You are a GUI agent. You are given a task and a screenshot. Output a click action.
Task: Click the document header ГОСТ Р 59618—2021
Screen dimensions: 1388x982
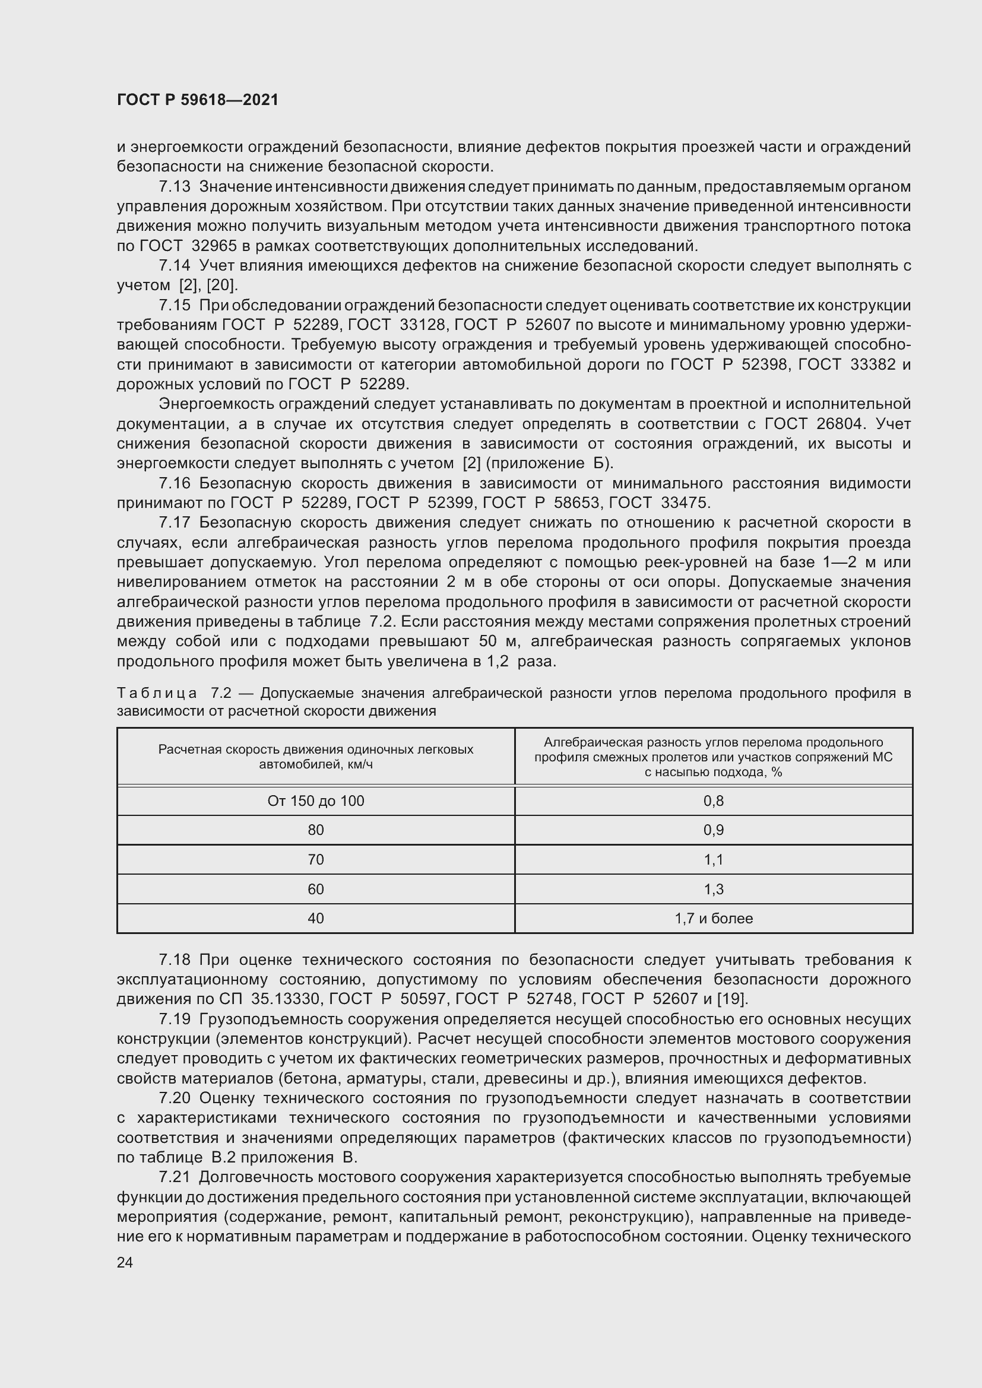coord(198,100)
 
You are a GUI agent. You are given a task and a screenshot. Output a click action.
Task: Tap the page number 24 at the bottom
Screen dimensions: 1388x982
coord(125,1262)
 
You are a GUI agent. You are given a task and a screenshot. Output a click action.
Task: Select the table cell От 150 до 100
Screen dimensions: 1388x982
coord(316,801)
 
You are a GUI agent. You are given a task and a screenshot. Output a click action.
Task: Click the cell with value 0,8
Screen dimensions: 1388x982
coord(714,801)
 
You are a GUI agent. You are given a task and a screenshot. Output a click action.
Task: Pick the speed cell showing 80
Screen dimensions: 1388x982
coord(316,830)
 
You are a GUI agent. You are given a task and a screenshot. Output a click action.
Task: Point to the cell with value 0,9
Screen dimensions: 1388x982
coord(714,830)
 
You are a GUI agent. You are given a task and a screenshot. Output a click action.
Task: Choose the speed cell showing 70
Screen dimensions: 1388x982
coord(316,860)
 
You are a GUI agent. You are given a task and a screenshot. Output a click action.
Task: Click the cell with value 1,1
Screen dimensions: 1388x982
coord(714,860)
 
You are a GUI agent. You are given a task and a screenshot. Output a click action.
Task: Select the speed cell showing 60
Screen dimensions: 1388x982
coord(316,890)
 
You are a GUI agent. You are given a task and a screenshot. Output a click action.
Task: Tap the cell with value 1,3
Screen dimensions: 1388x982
coord(714,890)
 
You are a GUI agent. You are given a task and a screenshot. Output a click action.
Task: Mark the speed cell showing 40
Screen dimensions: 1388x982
coord(316,918)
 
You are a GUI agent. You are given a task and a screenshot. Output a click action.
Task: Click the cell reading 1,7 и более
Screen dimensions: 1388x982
coord(714,918)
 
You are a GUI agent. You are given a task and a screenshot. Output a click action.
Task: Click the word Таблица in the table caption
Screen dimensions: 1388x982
coord(157,693)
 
